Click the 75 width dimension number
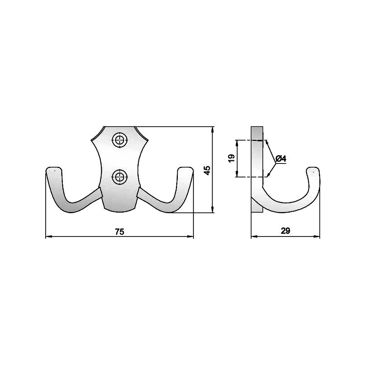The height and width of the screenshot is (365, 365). click(120, 232)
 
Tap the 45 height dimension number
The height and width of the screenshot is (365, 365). click(207, 170)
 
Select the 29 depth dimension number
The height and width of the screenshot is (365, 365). click(285, 231)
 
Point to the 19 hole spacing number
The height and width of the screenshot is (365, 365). click(232, 158)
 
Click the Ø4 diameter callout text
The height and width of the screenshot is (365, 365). click(281, 159)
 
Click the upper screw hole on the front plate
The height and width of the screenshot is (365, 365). click(120, 140)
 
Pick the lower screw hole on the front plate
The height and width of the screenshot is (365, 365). click(120, 177)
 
